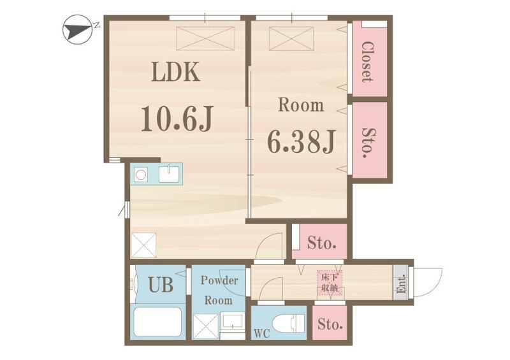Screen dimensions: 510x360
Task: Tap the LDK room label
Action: pos(176,72)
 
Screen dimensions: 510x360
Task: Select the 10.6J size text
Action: pos(177,119)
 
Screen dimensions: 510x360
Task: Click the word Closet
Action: pos(368,61)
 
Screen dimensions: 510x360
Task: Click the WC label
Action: pos(262,333)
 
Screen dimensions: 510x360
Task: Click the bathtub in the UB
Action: pos(157,322)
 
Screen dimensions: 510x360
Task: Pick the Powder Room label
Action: pos(219,290)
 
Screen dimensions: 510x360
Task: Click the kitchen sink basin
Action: pos(169,174)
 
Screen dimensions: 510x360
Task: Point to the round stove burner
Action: pos(140,175)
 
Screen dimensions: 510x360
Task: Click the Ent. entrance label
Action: pos(401,284)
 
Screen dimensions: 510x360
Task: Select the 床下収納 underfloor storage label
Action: pos(330,283)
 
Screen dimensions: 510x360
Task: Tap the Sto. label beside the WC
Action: pos(330,324)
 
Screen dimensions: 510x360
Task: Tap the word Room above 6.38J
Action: pos(301,105)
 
